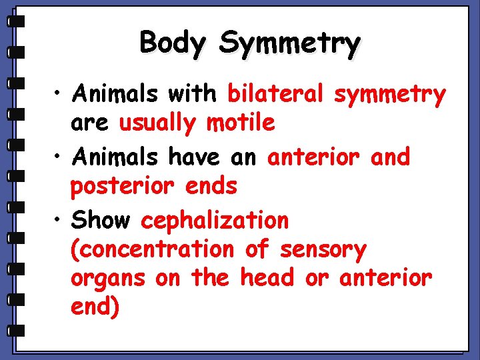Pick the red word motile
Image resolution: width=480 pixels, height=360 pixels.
tap(241, 123)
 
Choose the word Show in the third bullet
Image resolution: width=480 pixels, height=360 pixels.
tap(102, 219)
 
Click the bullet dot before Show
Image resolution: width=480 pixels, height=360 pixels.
tap(59, 220)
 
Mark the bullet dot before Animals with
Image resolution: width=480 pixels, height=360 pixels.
tap(59, 95)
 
